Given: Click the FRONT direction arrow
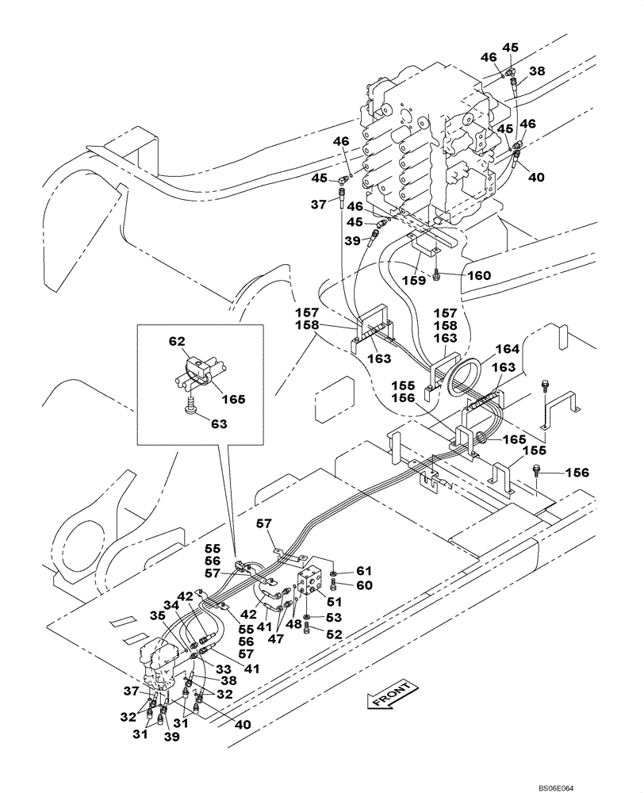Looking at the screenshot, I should point(389,695).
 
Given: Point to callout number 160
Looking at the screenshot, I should point(479,276).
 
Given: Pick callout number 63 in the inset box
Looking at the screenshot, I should point(218,424).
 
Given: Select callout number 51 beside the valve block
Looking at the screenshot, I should point(324,602).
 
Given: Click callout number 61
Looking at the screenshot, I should point(362,571).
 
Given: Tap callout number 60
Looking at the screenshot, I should point(362,585).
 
